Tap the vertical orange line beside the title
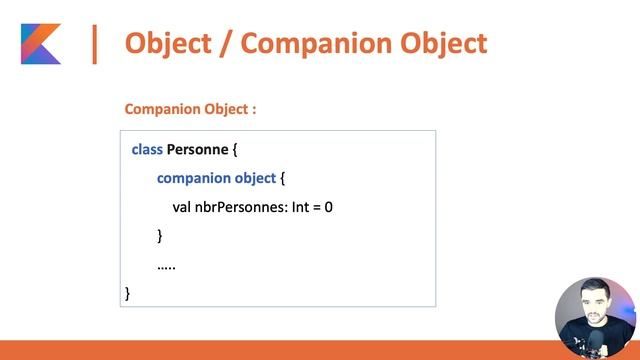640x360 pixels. coord(95,44)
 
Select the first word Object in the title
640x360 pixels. coord(169,44)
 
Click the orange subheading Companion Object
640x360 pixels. coord(190,108)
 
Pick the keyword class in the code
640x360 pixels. coord(147,150)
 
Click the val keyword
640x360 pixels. coord(182,207)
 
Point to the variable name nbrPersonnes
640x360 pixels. coord(238,207)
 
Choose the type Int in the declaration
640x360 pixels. coord(302,207)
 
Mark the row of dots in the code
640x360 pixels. coord(167,265)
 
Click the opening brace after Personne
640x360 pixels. coord(235,150)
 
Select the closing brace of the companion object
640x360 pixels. coord(160,236)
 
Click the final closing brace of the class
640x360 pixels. coord(128,293)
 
